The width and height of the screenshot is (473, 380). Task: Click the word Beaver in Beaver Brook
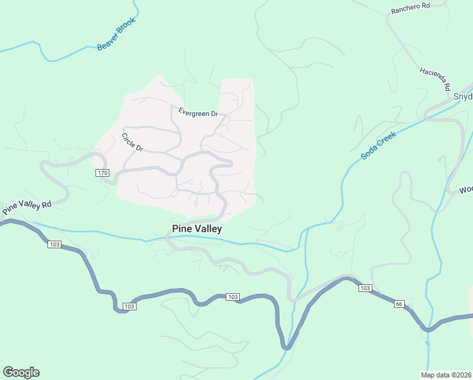[106, 43]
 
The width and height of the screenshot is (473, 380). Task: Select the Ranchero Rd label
[410, 9]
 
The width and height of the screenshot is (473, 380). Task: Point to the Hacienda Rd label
[434, 78]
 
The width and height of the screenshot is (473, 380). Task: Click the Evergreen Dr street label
[197, 113]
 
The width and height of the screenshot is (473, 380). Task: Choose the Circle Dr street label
[133, 142]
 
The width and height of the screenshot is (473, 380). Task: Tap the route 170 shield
[102, 173]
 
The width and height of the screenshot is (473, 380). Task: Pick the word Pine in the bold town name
[181, 229]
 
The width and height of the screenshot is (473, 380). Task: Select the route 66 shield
[398, 304]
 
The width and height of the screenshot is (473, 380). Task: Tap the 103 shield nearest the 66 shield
[365, 288]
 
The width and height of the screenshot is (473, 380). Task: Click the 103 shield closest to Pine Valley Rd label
[54, 244]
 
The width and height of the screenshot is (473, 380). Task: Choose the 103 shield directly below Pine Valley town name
[232, 297]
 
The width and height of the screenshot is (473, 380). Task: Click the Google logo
[21, 372]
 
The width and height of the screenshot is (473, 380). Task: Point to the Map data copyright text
[446, 375]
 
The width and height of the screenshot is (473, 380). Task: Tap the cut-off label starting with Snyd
[463, 97]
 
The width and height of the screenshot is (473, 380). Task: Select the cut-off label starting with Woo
[465, 189]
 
